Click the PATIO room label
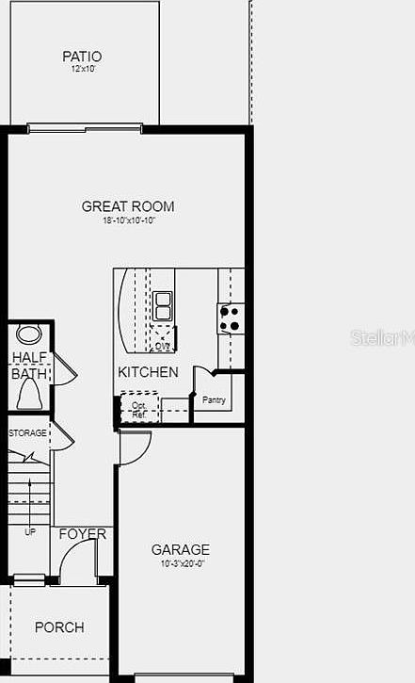82,57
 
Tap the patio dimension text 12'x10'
82,70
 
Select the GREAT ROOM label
128,206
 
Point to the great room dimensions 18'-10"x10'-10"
128,220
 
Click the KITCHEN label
148,372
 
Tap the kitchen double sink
163,305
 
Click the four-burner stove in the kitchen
231,318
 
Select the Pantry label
214,400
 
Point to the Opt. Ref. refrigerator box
138,410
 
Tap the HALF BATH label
28,366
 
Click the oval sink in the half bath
29,334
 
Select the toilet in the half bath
28,397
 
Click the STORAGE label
27,432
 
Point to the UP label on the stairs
29,532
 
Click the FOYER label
83,534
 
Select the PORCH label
59,627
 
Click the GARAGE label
181,550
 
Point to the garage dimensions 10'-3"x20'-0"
181,564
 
